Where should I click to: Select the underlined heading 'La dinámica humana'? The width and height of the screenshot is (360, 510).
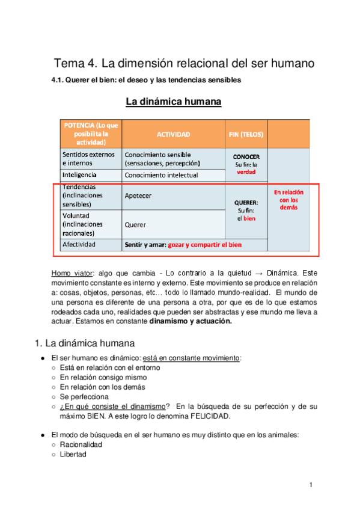point(174,102)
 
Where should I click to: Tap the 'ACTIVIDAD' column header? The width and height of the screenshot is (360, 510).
point(173,134)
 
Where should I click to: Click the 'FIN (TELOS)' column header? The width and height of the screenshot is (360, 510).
point(246,134)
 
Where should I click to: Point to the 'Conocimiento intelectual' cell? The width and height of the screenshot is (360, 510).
point(161,175)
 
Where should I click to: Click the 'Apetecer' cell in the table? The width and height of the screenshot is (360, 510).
point(138,196)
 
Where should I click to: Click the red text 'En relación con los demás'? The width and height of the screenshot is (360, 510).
point(288,199)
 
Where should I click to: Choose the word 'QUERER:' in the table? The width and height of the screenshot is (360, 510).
point(246,203)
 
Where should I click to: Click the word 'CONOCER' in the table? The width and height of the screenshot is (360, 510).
point(246,156)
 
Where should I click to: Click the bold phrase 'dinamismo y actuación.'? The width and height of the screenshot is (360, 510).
point(190,321)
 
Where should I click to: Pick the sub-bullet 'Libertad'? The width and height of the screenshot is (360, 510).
point(73,455)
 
